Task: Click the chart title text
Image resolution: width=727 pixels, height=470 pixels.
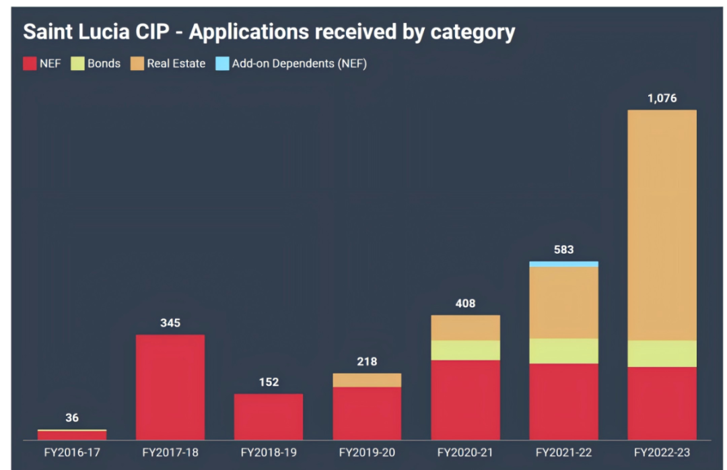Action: (x=269, y=32)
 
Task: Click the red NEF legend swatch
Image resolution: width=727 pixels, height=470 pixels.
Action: (x=29, y=64)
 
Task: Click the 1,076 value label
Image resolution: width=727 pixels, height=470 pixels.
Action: (x=662, y=98)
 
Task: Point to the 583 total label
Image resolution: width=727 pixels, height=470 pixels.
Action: (x=563, y=250)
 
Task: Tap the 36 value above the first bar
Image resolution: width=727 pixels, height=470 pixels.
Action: (x=72, y=418)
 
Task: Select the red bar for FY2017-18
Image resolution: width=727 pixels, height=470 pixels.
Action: (x=170, y=387)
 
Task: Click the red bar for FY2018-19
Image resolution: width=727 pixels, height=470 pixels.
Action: (x=269, y=417)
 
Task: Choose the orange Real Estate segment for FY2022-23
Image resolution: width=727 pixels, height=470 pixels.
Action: (x=662, y=226)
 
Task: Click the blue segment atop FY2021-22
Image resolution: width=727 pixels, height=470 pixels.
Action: (x=563, y=264)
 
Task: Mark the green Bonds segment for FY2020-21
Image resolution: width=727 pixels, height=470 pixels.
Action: (x=465, y=350)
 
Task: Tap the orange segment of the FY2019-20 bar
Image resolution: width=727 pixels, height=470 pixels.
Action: (x=367, y=380)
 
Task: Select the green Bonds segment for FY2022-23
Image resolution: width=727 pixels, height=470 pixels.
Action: (x=662, y=354)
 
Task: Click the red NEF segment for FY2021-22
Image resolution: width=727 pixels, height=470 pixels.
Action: (x=563, y=402)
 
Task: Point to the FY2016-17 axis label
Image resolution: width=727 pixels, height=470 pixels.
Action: (x=72, y=452)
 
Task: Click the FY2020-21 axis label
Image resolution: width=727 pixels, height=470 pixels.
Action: (x=465, y=452)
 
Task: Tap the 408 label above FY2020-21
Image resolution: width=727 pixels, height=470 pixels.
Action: (x=465, y=304)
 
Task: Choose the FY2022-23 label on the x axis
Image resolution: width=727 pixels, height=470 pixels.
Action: (x=662, y=452)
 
